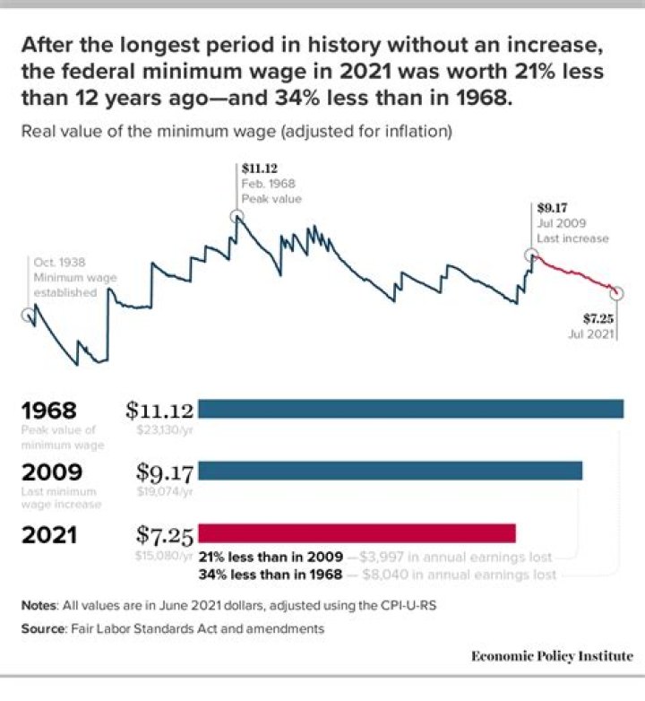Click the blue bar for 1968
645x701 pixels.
(410, 410)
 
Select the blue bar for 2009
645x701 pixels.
(390, 471)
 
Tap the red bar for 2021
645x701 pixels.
(357, 533)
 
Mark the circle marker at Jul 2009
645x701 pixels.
(530, 255)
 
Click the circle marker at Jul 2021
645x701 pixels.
(617, 293)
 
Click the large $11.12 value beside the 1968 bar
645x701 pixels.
(159, 411)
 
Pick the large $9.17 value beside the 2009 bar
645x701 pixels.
(165, 472)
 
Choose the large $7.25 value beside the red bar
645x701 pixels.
(165, 535)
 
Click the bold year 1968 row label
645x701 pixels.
(49, 411)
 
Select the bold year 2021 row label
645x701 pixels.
(49, 535)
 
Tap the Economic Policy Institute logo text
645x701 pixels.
(552, 656)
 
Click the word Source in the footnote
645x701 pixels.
(43, 629)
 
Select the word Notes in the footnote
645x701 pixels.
(39, 605)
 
